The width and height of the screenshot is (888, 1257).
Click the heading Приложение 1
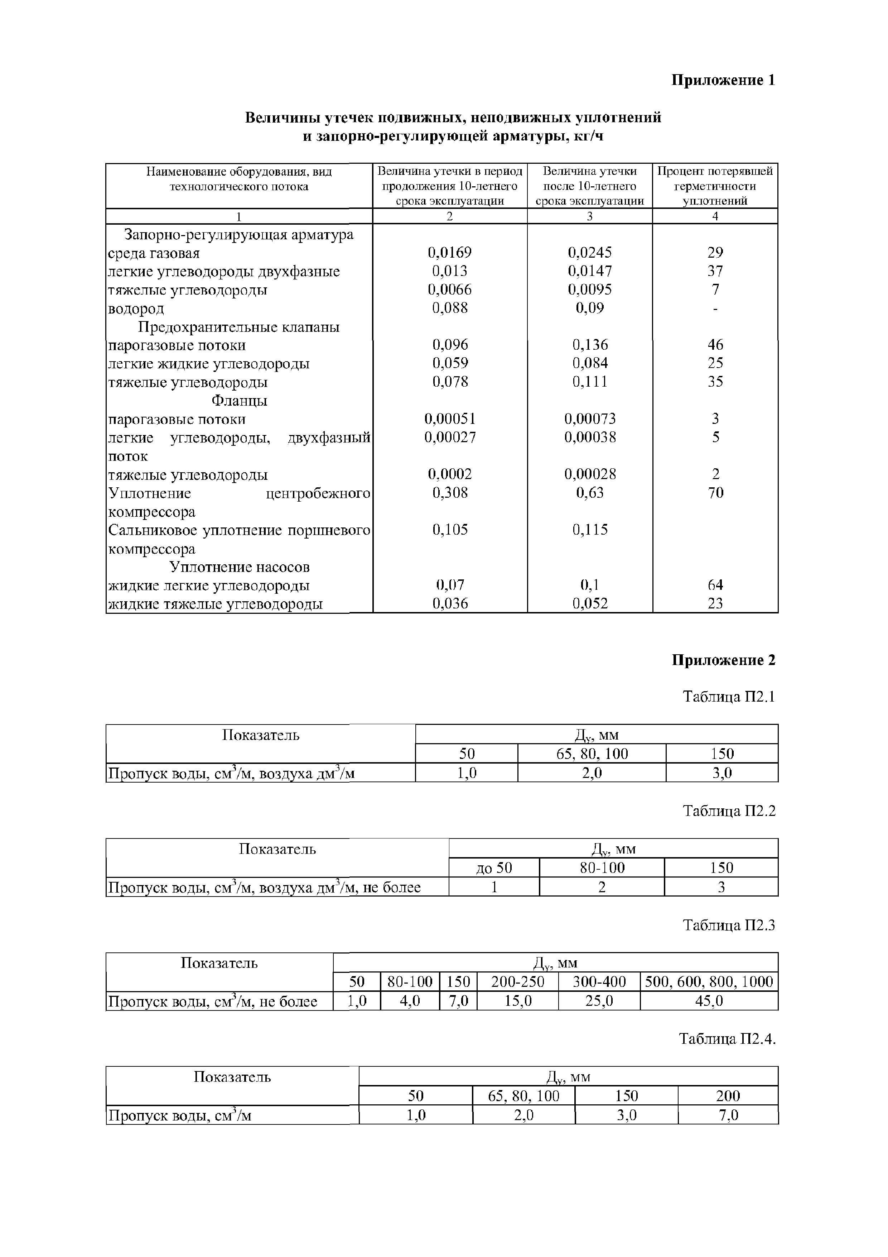[x=723, y=81]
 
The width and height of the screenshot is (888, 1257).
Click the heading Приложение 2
[x=723, y=660]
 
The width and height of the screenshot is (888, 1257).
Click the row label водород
[x=136, y=309]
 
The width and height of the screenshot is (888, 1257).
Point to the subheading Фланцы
[x=239, y=401]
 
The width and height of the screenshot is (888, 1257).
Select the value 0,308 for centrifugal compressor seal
[x=450, y=493]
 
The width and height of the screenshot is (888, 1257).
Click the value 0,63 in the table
[x=589, y=493]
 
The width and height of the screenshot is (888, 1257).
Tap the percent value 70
[x=715, y=493]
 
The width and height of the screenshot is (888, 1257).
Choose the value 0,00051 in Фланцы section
[x=450, y=419]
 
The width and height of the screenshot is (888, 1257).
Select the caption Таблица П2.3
[x=729, y=925]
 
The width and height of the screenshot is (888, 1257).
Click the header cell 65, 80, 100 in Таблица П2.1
[x=592, y=754]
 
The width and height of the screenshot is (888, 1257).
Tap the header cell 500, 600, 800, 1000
[x=709, y=981]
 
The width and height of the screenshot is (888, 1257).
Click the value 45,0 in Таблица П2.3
[x=709, y=1001]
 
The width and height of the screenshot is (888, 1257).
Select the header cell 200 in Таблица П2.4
[x=727, y=1095]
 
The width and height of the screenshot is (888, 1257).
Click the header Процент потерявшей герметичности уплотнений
[x=715, y=186]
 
